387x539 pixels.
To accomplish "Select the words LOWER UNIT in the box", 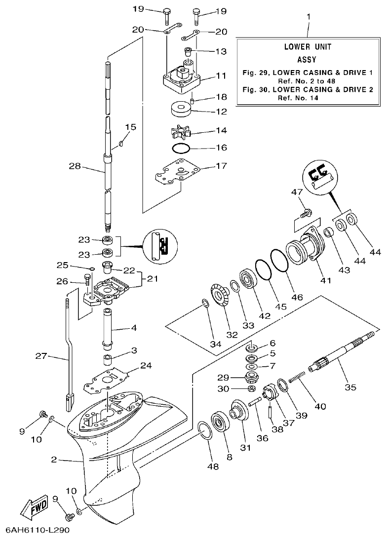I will click(x=308, y=47).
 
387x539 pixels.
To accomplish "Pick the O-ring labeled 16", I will click(x=181, y=148).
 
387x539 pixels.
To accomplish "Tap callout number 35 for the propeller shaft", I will click(x=350, y=387).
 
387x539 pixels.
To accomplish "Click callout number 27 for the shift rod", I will click(x=41, y=356).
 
